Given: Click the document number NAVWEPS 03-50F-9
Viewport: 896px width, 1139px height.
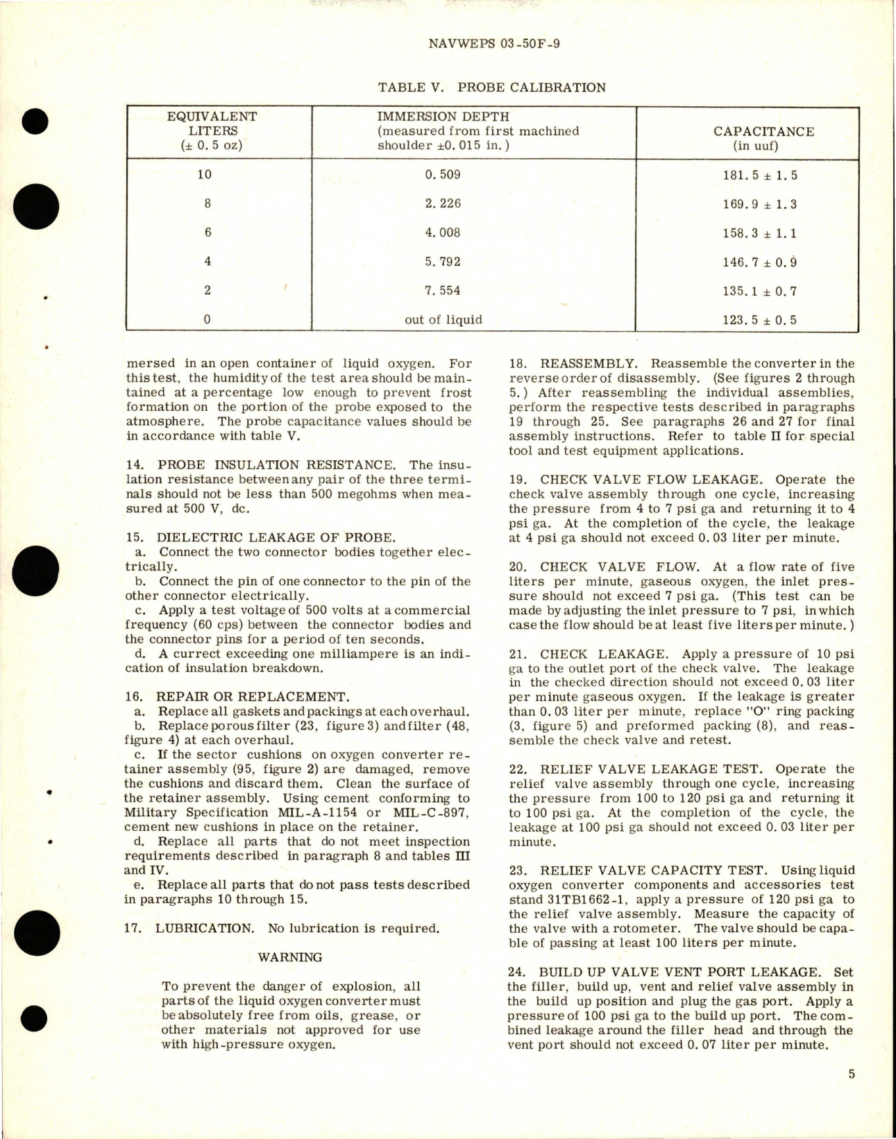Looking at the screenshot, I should point(494,44).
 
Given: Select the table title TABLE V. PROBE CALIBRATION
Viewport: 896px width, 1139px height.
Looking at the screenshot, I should point(491,87).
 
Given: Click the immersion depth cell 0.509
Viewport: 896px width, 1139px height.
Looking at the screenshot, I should point(443,174).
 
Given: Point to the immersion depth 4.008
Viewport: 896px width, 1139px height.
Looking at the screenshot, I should point(443,233).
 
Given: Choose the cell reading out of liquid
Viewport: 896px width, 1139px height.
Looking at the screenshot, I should point(443,320).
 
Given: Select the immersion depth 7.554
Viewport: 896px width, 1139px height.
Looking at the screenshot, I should point(443,291).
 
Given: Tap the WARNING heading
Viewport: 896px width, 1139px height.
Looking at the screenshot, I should point(290,957).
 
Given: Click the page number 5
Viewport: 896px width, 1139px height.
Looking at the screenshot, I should point(852,1074).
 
